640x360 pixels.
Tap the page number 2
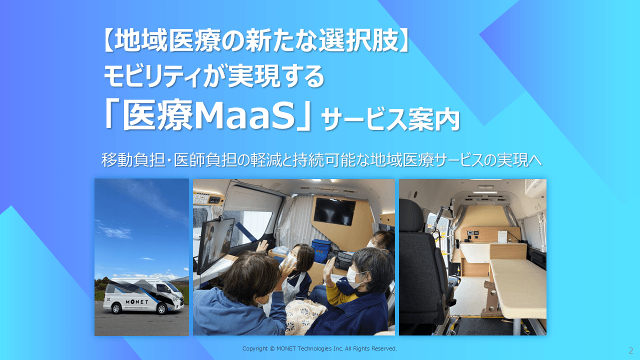[x=630, y=350]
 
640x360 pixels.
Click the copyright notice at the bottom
[x=319, y=348]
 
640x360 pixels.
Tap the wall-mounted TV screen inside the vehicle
[x=334, y=210]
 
